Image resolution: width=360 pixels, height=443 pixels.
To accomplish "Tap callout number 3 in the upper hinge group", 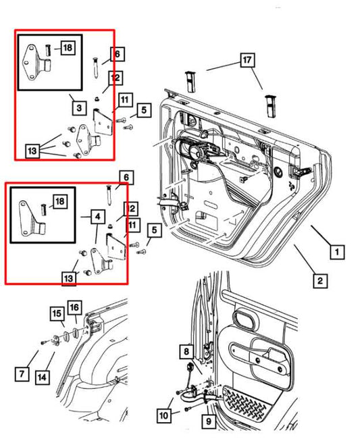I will tap(79, 107).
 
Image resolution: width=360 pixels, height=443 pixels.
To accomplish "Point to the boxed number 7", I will tap(23, 371).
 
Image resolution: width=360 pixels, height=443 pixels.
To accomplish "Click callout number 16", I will tap(74, 308).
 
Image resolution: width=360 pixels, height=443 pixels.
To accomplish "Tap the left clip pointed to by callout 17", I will tap(189, 81).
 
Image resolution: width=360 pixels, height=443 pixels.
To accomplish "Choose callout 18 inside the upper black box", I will tap(67, 47).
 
